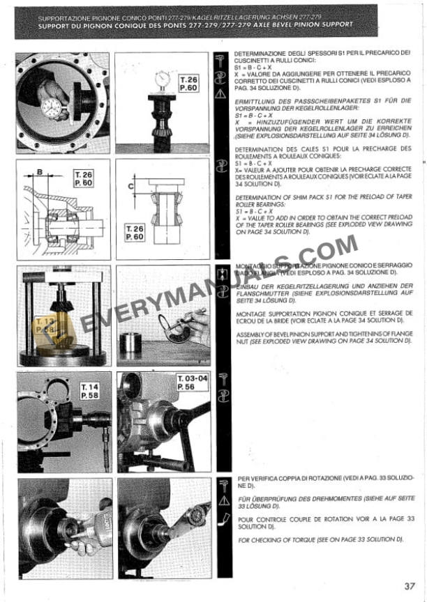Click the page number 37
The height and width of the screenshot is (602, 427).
tap(409, 585)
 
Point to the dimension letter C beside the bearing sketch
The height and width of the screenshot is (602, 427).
tap(131, 187)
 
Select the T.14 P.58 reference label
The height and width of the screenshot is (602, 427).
tap(90, 392)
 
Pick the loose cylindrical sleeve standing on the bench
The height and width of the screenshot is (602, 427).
tap(131, 344)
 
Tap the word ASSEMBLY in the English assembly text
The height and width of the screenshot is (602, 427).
tap(250, 333)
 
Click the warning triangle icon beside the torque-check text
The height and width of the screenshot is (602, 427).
tap(222, 500)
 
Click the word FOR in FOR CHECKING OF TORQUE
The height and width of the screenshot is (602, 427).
tap(244, 540)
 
